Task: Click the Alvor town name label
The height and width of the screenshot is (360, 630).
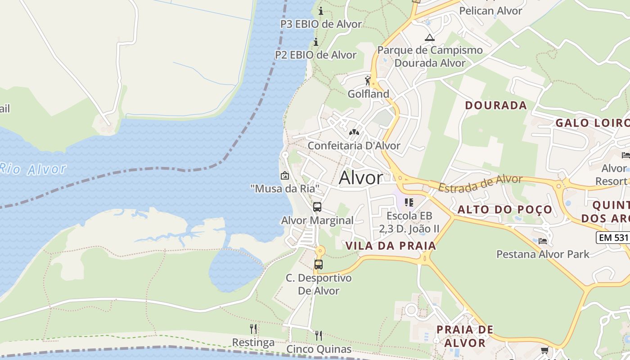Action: pos(361,178)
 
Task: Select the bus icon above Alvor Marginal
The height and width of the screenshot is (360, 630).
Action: pos(317,207)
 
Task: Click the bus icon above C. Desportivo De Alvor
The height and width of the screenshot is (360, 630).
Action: pos(319,265)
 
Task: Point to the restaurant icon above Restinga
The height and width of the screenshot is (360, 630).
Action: pos(253,329)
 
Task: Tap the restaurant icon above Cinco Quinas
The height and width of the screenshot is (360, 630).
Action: pos(319,335)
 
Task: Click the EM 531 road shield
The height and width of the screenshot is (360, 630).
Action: pos(613,237)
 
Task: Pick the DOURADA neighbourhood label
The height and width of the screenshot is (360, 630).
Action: pos(496,105)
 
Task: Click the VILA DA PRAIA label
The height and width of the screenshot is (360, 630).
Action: pos(391,246)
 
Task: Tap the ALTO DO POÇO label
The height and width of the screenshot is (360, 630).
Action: pos(505,209)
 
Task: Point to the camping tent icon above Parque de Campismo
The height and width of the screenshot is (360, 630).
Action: pos(430,37)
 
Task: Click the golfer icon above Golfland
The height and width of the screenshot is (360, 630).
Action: pos(368,81)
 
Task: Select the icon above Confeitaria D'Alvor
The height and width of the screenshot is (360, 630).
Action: pos(354,133)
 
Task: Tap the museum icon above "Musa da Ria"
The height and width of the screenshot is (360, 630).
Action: pos(284,175)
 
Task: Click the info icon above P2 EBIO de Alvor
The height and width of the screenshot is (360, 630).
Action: pos(316,42)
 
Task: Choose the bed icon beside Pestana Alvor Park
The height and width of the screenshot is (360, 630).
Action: pos(542,241)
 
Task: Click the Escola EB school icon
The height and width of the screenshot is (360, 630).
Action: pos(409,202)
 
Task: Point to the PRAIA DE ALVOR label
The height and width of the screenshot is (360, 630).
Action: pos(465,336)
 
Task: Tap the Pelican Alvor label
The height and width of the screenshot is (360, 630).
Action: pos(490,11)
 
